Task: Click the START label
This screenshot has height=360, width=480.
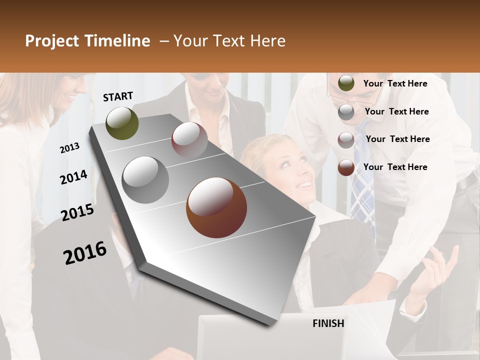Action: [x=118, y=96]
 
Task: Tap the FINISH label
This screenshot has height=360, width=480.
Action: [x=328, y=323]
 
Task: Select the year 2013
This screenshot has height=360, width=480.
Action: [x=70, y=148]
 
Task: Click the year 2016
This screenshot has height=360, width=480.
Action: [x=85, y=253]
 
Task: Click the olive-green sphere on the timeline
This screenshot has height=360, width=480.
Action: [x=122, y=123]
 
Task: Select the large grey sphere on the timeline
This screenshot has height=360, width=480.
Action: [x=145, y=179]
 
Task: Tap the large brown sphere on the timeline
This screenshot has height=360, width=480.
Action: [x=216, y=207]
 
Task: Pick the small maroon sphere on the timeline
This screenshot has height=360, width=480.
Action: [x=189, y=140]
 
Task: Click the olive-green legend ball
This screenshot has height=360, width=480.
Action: [x=346, y=83]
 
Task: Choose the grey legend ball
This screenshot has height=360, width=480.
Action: [x=346, y=112]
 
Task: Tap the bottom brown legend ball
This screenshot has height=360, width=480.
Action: [x=346, y=167]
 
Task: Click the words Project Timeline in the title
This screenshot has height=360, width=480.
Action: [x=87, y=41]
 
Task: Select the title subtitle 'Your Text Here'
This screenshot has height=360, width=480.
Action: [x=229, y=41]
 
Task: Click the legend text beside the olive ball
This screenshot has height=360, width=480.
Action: [x=395, y=83]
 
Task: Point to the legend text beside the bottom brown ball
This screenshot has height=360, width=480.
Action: [x=395, y=167]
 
